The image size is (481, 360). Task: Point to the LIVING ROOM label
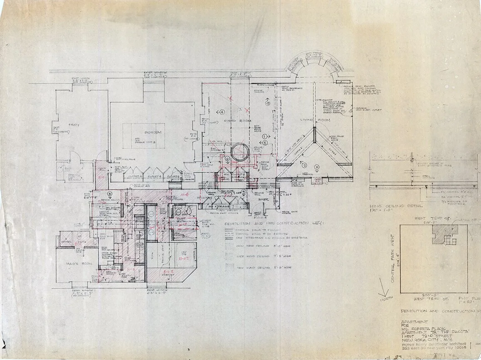tap(315, 121)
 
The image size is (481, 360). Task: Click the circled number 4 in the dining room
tap(222, 112)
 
